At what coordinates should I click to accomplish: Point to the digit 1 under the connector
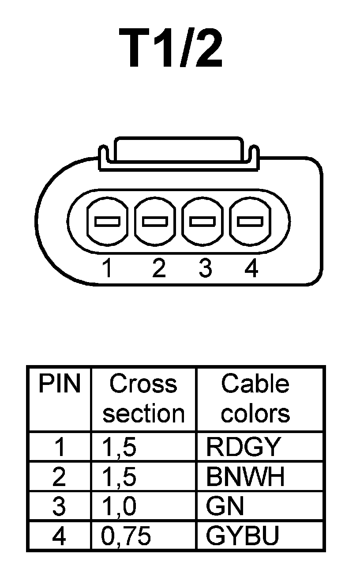106,268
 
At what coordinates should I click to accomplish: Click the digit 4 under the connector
251,268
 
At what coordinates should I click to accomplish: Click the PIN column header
59,384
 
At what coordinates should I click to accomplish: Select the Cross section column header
143,399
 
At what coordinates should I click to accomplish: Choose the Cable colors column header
255,399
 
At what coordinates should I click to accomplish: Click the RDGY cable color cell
243,447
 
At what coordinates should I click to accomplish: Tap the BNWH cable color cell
245,477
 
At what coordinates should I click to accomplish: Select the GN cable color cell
225,506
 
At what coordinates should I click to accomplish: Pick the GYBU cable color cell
243,536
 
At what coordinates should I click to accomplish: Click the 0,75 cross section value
126,536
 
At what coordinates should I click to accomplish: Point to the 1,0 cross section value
119,506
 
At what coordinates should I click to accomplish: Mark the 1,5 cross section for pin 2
119,477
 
